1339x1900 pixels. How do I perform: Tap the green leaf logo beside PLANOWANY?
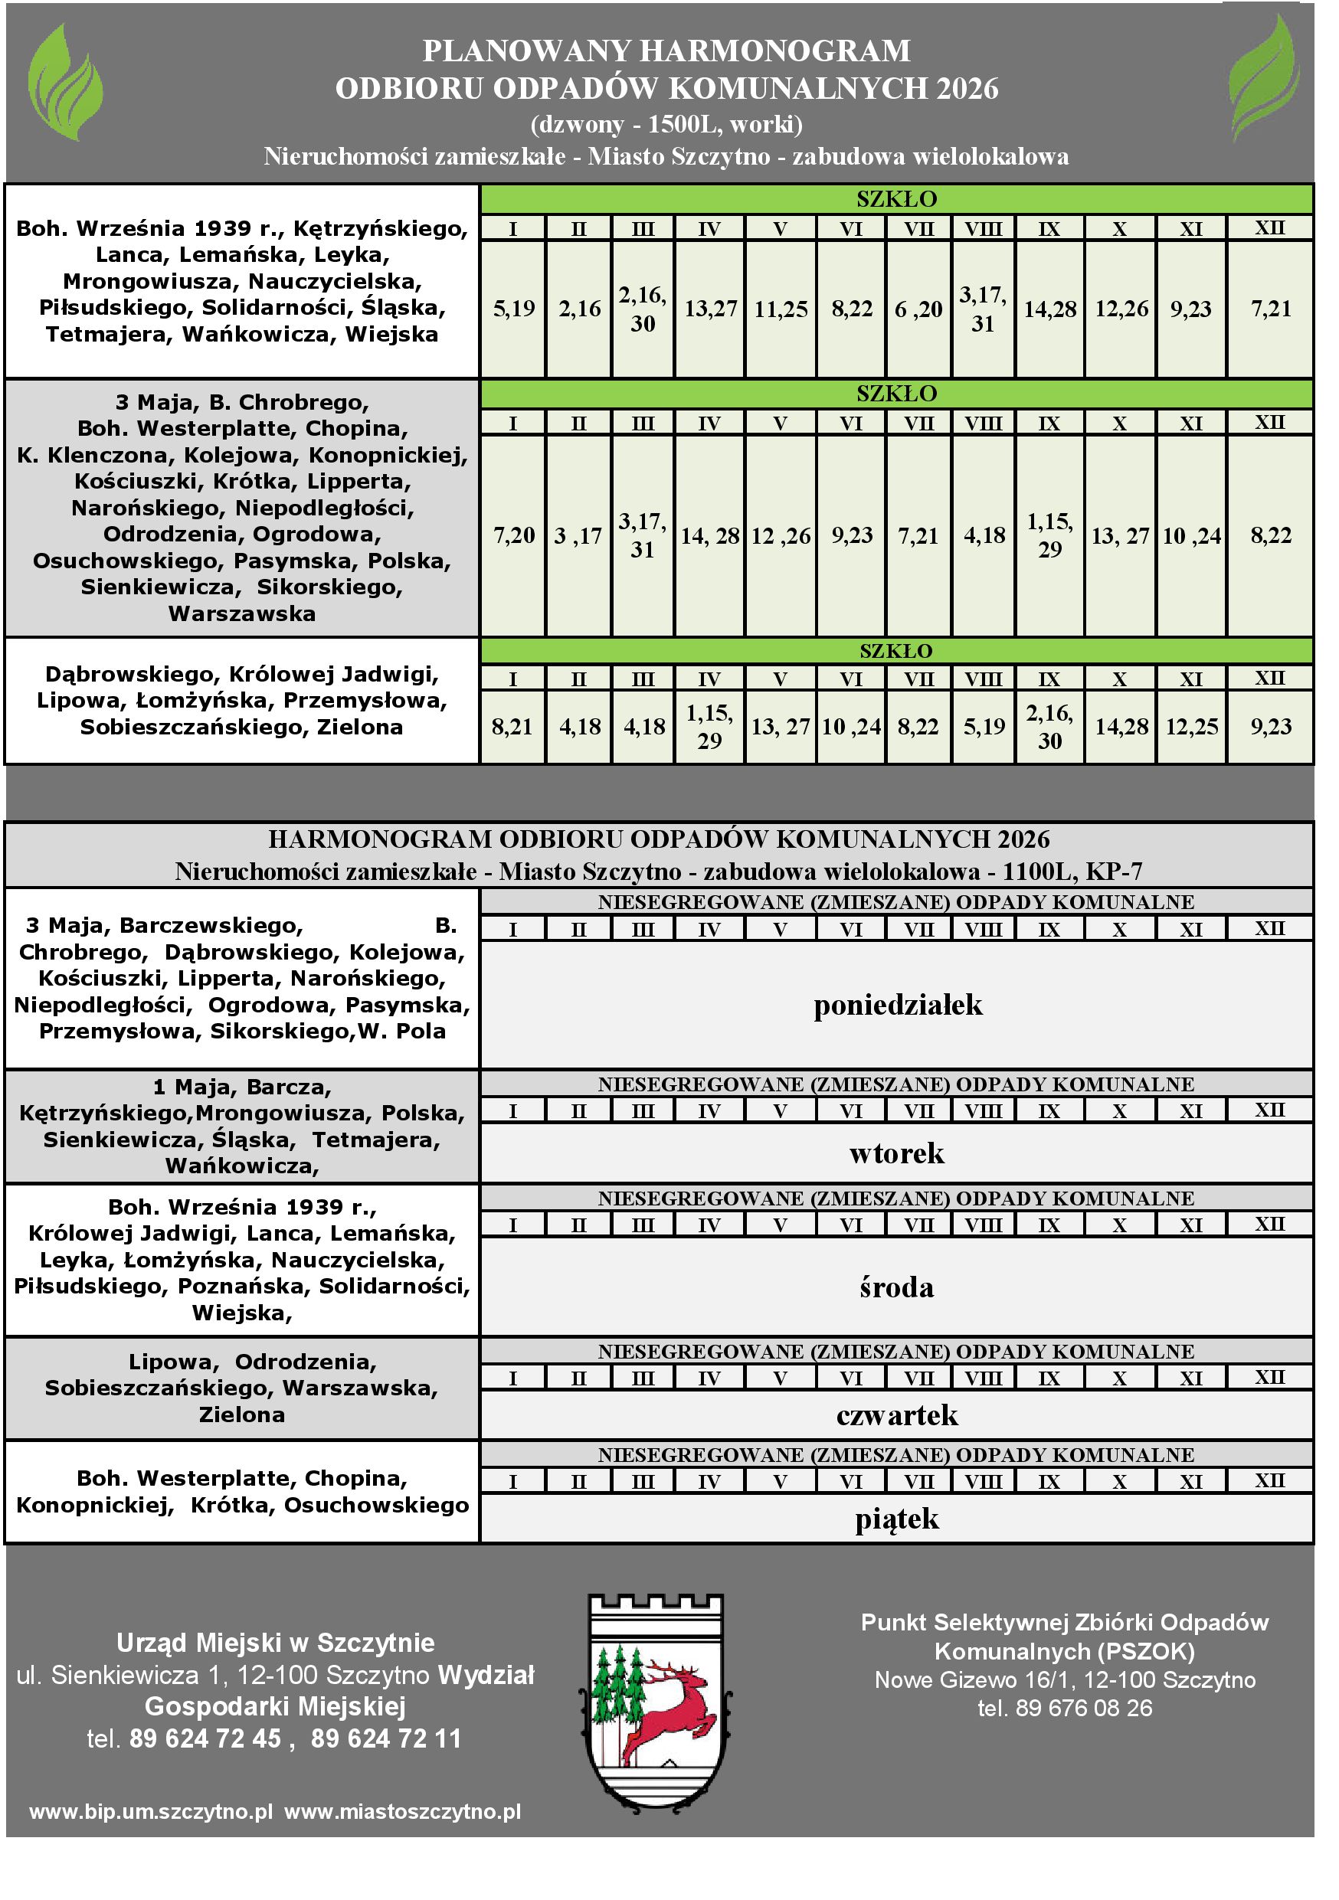(65, 81)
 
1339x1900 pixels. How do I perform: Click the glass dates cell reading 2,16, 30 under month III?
(643, 309)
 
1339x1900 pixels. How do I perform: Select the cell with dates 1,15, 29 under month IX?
(1049, 535)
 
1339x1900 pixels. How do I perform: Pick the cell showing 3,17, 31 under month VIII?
(983, 309)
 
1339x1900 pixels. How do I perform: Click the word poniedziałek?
(898, 1006)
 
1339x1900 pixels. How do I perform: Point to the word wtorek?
(896, 1153)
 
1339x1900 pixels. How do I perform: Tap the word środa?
(896, 1287)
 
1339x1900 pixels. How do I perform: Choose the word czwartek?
(897, 1416)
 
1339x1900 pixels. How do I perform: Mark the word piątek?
(897, 1519)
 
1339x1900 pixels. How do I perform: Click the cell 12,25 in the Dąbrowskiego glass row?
(1192, 727)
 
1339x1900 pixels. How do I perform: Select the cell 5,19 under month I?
(513, 309)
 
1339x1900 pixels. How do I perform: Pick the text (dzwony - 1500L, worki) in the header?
(666, 124)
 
